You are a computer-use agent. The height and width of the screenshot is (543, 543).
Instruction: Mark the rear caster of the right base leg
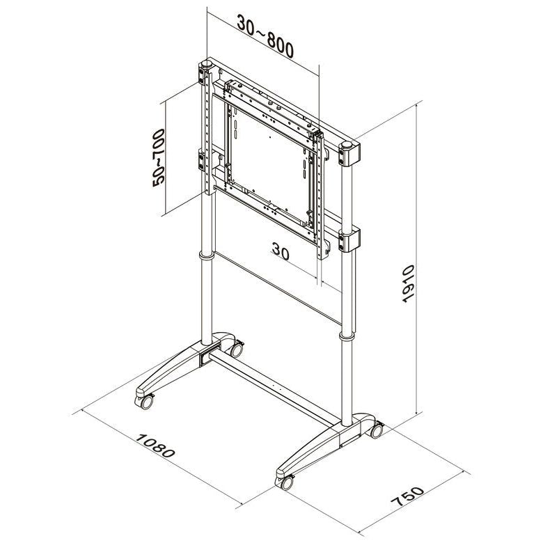(x=376, y=430)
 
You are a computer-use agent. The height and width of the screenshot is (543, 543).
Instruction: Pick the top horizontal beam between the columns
(x=278, y=104)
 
